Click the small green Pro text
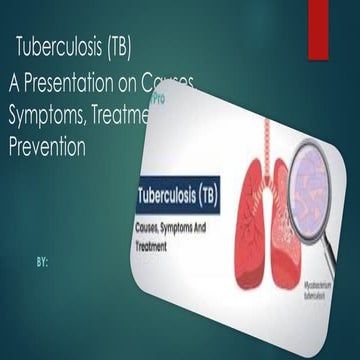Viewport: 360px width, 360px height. tap(157, 102)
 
